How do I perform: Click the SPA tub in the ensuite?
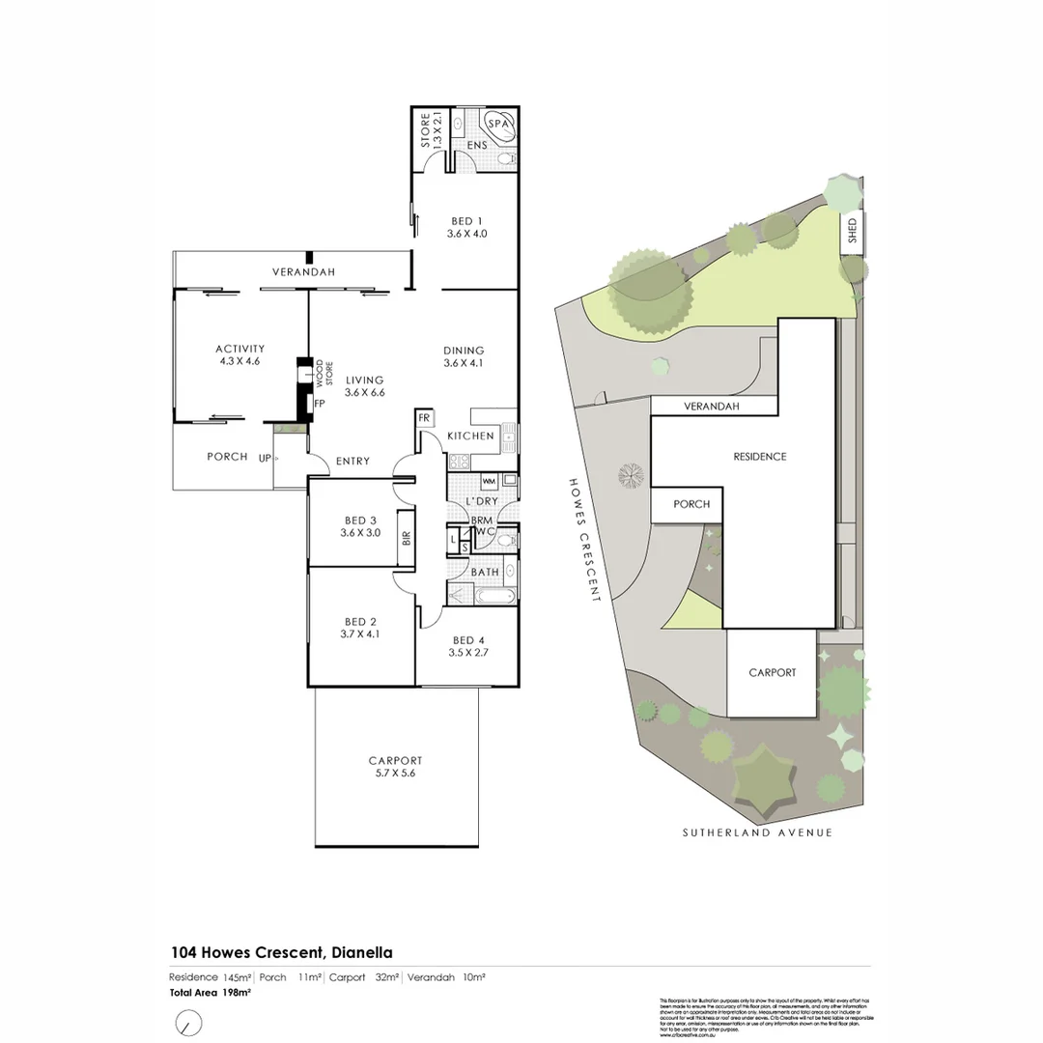(499, 126)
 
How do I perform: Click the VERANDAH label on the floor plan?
(302, 272)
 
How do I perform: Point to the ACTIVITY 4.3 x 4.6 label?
(240, 354)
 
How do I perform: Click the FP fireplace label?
(319, 403)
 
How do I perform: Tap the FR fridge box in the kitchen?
(424, 418)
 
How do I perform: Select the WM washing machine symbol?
(488, 480)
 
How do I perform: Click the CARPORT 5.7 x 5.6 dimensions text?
(395, 774)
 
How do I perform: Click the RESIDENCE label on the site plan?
(759, 457)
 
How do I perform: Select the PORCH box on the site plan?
(691, 504)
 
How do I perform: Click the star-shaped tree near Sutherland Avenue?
(764, 779)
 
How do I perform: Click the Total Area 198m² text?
(211, 993)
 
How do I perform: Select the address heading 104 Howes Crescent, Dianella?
(282, 951)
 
